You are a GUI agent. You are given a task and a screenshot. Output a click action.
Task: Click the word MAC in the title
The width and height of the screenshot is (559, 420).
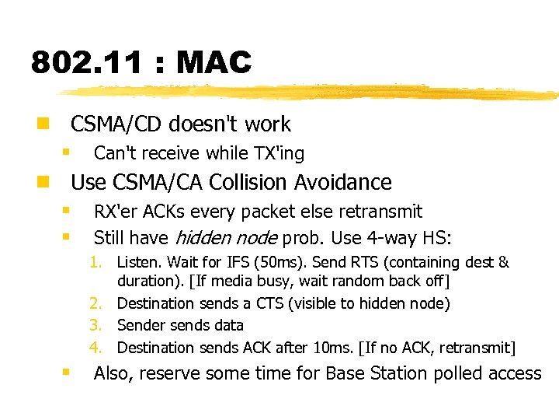214,62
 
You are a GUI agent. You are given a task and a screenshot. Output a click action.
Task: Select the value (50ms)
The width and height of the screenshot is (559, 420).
267,263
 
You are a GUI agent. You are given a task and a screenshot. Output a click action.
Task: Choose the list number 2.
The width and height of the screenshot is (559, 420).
95,303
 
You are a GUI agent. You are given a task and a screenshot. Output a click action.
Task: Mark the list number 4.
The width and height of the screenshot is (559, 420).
95,348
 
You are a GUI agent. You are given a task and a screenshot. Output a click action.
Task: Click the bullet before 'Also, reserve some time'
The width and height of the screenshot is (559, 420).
67,372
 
